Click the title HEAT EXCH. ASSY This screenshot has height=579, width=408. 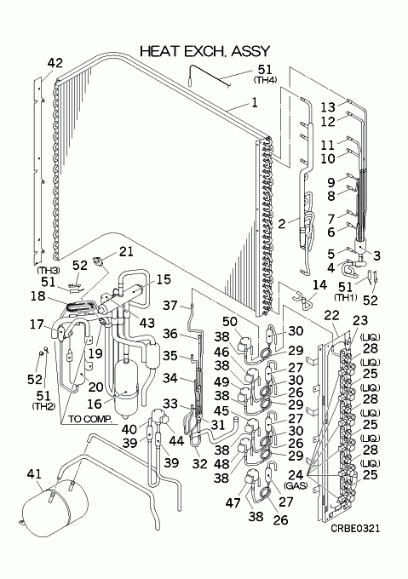pyautogui.click(x=205, y=51)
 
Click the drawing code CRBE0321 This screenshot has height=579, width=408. pyautogui.click(x=355, y=529)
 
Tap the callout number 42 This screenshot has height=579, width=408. pyautogui.click(x=55, y=63)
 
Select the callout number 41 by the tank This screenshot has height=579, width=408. pyautogui.click(x=34, y=473)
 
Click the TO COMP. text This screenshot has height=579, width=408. pyautogui.click(x=90, y=419)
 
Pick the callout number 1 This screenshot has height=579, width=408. pyautogui.click(x=255, y=102)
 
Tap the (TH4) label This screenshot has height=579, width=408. pyautogui.click(x=265, y=79)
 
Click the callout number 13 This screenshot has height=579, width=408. pyautogui.click(x=328, y=107)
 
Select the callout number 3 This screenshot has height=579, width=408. pyautogui.click(x=376, y=255)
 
